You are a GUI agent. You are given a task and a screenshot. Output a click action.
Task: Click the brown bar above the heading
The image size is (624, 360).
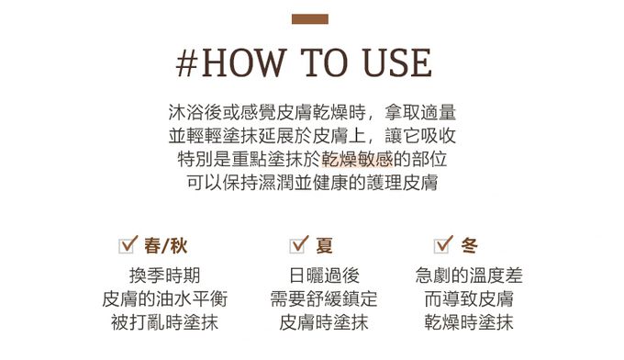coord(309,19)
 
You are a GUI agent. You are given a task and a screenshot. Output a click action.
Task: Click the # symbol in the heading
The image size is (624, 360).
coord(187,63)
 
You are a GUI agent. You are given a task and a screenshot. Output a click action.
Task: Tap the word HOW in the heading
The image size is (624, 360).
coord(243,62)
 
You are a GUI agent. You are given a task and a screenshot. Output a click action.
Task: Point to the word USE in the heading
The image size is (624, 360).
coord(396,62)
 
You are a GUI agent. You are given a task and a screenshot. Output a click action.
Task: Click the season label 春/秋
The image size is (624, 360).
coord(165,245)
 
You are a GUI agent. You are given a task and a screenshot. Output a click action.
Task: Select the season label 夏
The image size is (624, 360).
coord(324,245)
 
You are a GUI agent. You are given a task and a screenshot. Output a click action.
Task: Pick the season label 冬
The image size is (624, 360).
coord(469,245)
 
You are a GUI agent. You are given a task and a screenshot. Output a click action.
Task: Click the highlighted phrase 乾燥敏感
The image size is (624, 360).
coord(357,159)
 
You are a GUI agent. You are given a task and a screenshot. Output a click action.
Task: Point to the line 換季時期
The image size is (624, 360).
coord(164,276)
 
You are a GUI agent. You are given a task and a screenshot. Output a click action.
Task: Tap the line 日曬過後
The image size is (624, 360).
coord(324,276)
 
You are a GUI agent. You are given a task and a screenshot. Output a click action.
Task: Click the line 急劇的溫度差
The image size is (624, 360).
coord(469,276)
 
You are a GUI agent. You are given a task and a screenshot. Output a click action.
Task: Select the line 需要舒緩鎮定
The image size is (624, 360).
coord(324,298)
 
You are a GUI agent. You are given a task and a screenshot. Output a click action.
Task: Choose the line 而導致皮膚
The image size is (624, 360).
coord(469,298)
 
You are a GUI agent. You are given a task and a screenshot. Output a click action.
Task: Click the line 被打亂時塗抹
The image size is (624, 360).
coord(164,322)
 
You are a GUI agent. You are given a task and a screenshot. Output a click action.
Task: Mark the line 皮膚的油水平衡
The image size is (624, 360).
coord(164,298)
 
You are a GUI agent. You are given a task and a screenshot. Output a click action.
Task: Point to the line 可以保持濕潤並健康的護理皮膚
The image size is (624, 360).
coord(312,183)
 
